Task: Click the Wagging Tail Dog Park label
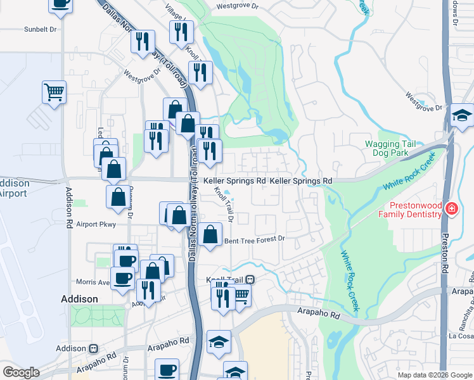point(390,148)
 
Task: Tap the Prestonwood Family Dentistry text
point(409,210)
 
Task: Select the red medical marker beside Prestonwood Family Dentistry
point(451,209)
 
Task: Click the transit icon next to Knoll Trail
point(250,279)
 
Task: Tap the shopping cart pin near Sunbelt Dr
point(54,91)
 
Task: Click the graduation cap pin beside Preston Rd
point(462,115)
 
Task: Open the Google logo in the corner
point(21,372)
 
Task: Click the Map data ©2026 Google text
point(435,375)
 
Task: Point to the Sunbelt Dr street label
point(41,29)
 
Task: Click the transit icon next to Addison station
point(94,348)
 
